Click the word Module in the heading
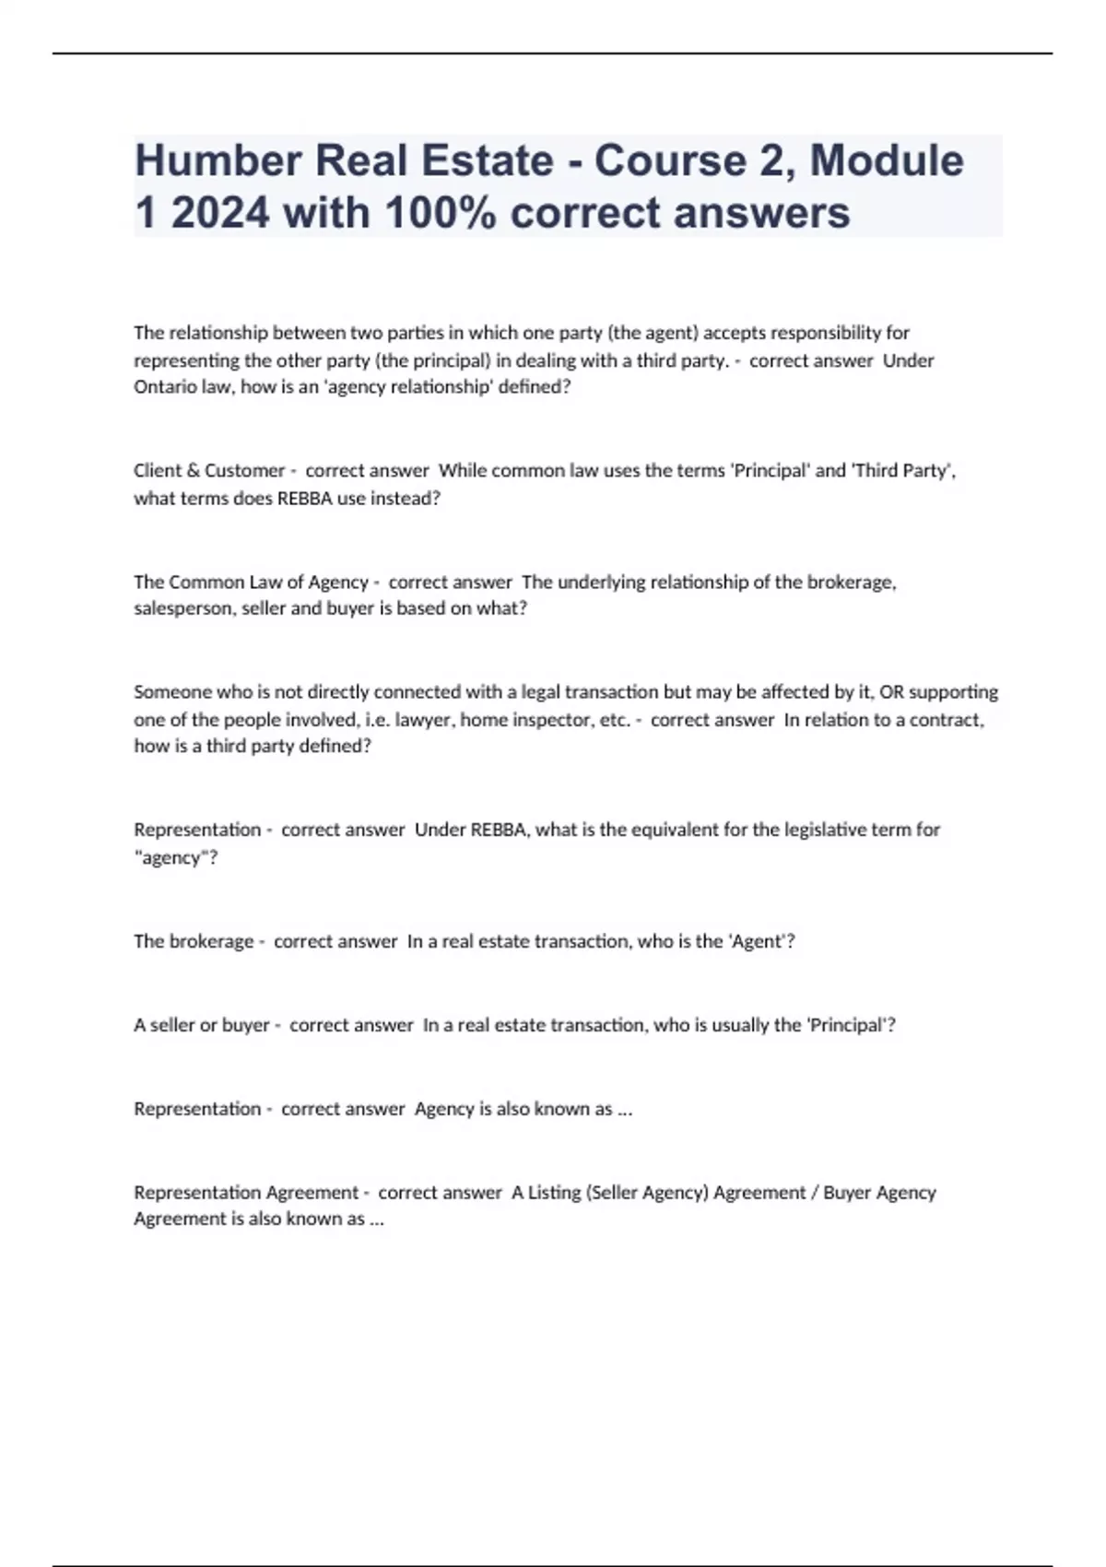point(887,160)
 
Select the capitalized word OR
point(891,692)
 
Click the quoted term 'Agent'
point(758,941)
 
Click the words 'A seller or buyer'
point(201,1025)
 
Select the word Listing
point(554,1193)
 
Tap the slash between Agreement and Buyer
point(814,1193)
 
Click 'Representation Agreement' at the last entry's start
point(245,1193)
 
